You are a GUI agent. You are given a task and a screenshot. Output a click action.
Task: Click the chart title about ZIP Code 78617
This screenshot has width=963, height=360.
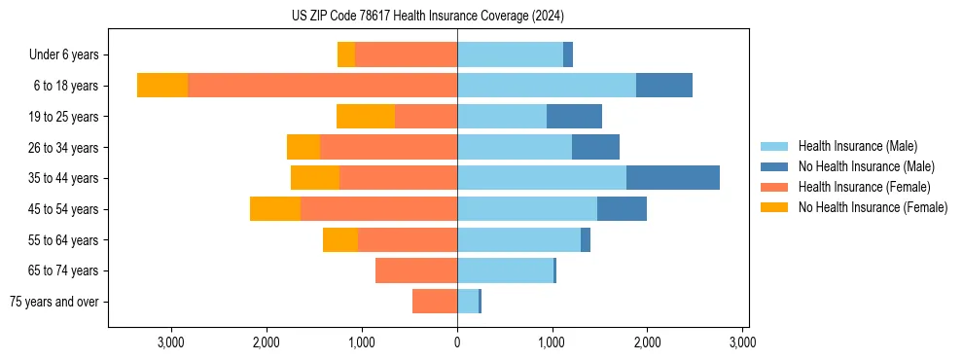[x=427, y=17]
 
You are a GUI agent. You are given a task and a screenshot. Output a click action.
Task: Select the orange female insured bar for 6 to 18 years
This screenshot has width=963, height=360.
[x=322, y=86]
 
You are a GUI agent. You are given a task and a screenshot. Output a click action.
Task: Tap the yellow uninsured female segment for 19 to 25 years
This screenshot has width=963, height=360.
[x=366, y=117]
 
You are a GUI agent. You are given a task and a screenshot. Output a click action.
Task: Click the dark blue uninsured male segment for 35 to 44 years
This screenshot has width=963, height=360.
[x=673, y=178]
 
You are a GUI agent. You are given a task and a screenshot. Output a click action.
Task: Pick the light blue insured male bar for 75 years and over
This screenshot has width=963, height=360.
[x=468, y=302]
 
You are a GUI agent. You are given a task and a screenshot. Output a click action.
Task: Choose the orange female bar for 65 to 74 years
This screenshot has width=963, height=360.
[x=416, y=270]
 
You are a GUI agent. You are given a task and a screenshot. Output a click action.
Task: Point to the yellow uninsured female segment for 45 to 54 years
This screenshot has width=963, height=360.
[x=275, y=209]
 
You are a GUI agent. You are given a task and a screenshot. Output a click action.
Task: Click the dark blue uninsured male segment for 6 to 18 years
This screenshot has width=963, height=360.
[x=664, y=86]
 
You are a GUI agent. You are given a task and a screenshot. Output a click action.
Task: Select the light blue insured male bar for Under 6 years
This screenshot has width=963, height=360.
[x=510, y=54]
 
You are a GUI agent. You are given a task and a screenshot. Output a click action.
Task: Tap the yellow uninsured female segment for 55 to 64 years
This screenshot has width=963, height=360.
[x=340, y=240]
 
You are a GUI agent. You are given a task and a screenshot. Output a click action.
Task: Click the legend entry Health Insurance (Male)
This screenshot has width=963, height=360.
[x=856, y=147]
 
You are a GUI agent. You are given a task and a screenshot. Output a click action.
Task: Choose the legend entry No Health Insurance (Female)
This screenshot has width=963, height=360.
[x=872, y=207]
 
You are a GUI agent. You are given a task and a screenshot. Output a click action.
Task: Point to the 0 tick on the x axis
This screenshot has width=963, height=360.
[x=457, y=342]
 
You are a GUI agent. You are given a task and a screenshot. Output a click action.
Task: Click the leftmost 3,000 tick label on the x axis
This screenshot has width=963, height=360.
[x=171, y=342]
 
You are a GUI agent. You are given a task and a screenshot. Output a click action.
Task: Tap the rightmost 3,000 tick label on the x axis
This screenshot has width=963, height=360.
[x=742, y=342]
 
